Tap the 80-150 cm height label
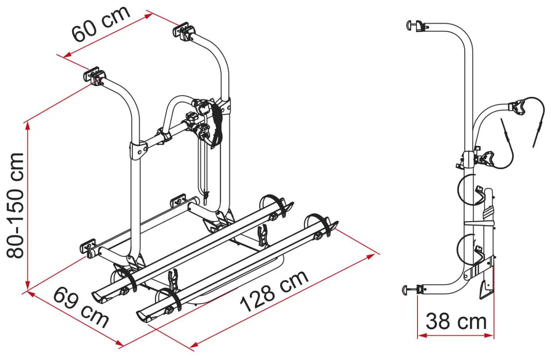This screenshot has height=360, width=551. [15, 206]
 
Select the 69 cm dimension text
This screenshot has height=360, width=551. [81, 308]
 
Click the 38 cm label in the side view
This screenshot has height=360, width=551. [456, 321]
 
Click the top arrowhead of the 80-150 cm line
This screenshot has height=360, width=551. [27, 126]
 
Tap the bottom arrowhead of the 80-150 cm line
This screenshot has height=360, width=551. [27, 285]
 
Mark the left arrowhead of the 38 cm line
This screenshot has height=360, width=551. [422, 335]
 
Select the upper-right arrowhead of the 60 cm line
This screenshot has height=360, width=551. [148, 16]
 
